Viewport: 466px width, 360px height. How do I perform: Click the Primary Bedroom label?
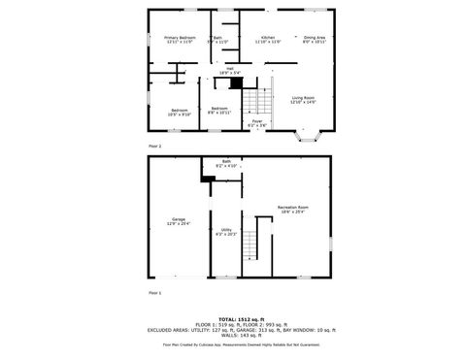tap(180, 40)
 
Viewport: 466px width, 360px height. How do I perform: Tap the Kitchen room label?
tap(267, 40)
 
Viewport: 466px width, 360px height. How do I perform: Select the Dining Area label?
tap(314, 40)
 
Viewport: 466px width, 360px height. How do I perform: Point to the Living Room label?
tap(303, 100)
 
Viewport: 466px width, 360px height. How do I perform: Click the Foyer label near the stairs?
tap(257, 123)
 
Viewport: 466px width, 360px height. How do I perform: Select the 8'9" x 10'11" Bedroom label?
tap(219, 111)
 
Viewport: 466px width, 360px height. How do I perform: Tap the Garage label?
tap(179, 221)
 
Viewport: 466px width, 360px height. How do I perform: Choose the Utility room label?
tap(225, 232)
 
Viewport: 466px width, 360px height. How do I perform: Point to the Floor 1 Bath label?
tap(225, 164)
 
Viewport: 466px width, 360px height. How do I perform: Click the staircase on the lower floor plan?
tap(256, 240)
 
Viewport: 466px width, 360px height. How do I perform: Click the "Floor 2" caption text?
tap(154, 145)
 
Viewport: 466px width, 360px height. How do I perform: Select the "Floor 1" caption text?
tap(154, 292)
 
